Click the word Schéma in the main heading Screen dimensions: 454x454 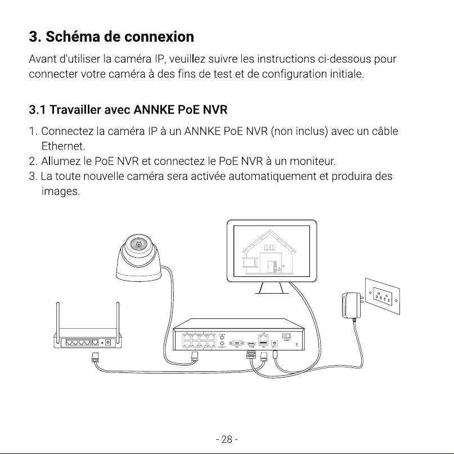73,37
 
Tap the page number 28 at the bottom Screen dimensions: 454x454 227,439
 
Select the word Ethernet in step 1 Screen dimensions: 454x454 63,146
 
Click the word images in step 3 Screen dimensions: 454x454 61,191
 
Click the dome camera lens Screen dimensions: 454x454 138,244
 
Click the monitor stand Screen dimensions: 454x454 272,288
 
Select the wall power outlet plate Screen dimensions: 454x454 383,296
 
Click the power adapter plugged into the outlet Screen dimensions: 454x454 352,305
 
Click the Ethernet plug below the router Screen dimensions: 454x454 95,357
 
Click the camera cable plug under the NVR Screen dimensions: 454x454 195,357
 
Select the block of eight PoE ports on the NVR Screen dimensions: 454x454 199,340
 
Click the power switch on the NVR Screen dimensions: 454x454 286,336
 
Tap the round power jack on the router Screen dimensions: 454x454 108,343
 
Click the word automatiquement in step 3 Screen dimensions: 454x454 272,176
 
